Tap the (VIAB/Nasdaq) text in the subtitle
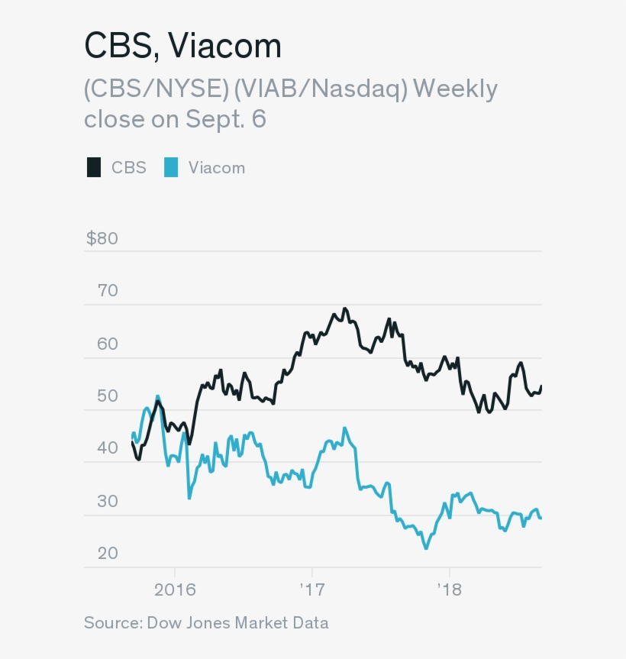pyautogui.click(x=321, y=89)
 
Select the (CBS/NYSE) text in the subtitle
pyautogui.click(x=155, y=89)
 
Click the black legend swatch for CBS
pyautogui.click(x=93, y=167)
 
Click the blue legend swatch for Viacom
pyautogui.click(x=171, y=167)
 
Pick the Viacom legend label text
pyautogui.click(x=217, y=167)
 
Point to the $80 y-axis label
pyautogui.click(x=102, y=238)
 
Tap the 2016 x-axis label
pyautogui.click(x=175, y=590)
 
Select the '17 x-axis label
pyautogui.click(x=312, y=590)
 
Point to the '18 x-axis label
pyautogui.click(x=449, y=590)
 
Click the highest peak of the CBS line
pyautogui.click(x=345, y=309)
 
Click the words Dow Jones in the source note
pyautogui.click(x=182, y=623)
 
